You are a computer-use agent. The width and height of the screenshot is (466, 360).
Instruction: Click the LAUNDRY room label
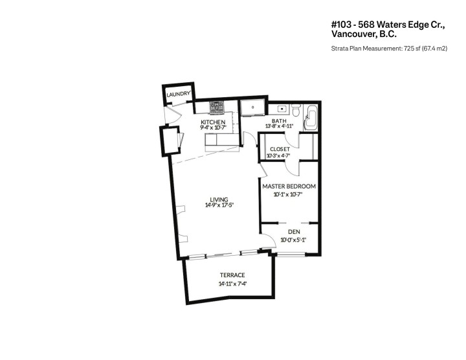pos(178,95)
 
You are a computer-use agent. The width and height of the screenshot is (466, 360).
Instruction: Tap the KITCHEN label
pos(212,122)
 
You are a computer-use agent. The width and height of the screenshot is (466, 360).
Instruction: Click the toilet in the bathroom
pos(295,109)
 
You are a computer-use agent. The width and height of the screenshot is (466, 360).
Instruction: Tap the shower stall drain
pos(251,107)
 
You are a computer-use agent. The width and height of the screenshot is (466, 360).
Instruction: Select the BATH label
pos(279,120)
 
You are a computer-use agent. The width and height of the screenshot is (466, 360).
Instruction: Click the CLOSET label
pos(280,149)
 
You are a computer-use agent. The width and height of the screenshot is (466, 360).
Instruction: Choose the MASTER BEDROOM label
pos(289,186)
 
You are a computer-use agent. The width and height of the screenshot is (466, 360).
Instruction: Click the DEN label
pos(293,232)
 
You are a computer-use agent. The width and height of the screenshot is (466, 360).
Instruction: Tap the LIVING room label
pos(219,199)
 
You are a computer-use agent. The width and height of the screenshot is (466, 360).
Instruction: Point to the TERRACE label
pos(231,276)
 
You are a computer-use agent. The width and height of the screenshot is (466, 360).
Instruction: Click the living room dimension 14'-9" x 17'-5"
pos(219,206)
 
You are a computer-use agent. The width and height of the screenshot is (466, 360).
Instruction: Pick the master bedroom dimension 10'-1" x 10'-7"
pos(289,194)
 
